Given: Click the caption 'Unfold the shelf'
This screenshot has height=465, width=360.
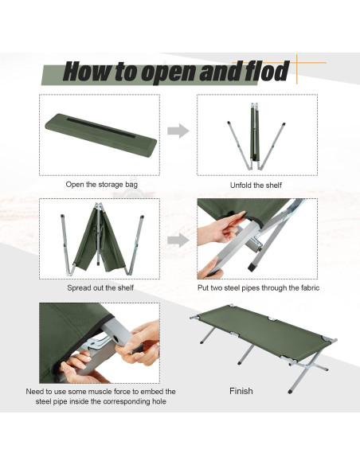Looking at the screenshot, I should click(x=257, y=185).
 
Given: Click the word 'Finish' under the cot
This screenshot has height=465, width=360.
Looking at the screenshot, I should click(x=241, y=391).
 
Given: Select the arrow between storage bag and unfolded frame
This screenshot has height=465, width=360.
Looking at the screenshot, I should click(x=178, y=131).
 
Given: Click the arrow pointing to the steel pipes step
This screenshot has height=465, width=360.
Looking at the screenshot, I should click(x=178, y=239).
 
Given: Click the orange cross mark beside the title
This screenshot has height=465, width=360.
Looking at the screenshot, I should click(x=299, y=68).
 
